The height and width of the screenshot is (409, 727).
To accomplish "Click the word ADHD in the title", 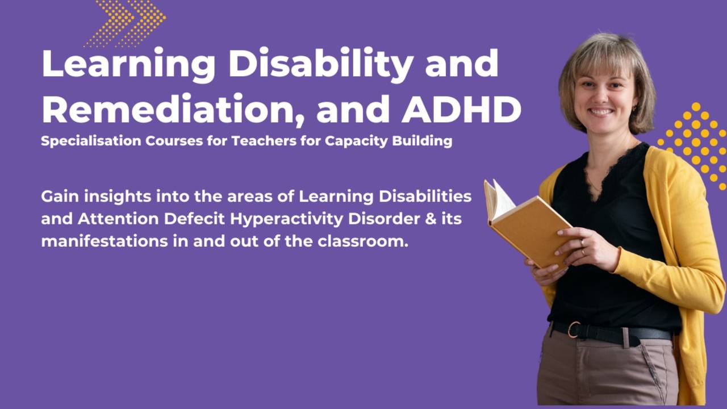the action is (x=462, y=109).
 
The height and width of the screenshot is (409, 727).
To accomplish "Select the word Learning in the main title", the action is (x=128, y=65).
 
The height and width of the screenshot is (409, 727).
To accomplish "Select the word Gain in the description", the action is (x=60, y=197).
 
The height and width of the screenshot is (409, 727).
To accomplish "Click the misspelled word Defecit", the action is (x=194, y=219).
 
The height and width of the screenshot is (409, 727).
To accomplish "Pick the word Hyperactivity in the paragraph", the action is (x=287, y=219).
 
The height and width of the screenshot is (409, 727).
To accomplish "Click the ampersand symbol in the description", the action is (x=431, y=219).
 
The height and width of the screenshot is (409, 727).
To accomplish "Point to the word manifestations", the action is (x=105, y=241).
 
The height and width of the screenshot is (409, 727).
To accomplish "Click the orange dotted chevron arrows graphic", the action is (x=126, y=23).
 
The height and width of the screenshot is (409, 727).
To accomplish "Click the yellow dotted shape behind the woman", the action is (x=695, y=145).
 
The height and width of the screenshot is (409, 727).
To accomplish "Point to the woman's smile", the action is (x=601, y=112).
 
